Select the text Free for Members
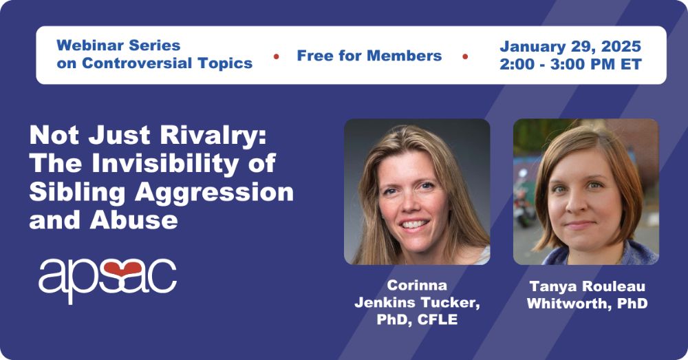coord(369,56)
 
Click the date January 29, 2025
coord(570,47)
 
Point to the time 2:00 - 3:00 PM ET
coord(570,64)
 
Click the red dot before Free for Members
coord(277,56)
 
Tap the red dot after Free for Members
coord(465,56)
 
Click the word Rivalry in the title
coord(213,135)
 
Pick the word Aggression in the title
coord(214,192)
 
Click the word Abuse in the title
coord(134,220)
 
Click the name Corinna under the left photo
coord(417,286)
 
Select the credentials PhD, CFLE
coord(417,319)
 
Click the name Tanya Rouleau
coord(587,286)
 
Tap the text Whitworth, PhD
coord(587,304)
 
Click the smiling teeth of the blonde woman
coord(414,224)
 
